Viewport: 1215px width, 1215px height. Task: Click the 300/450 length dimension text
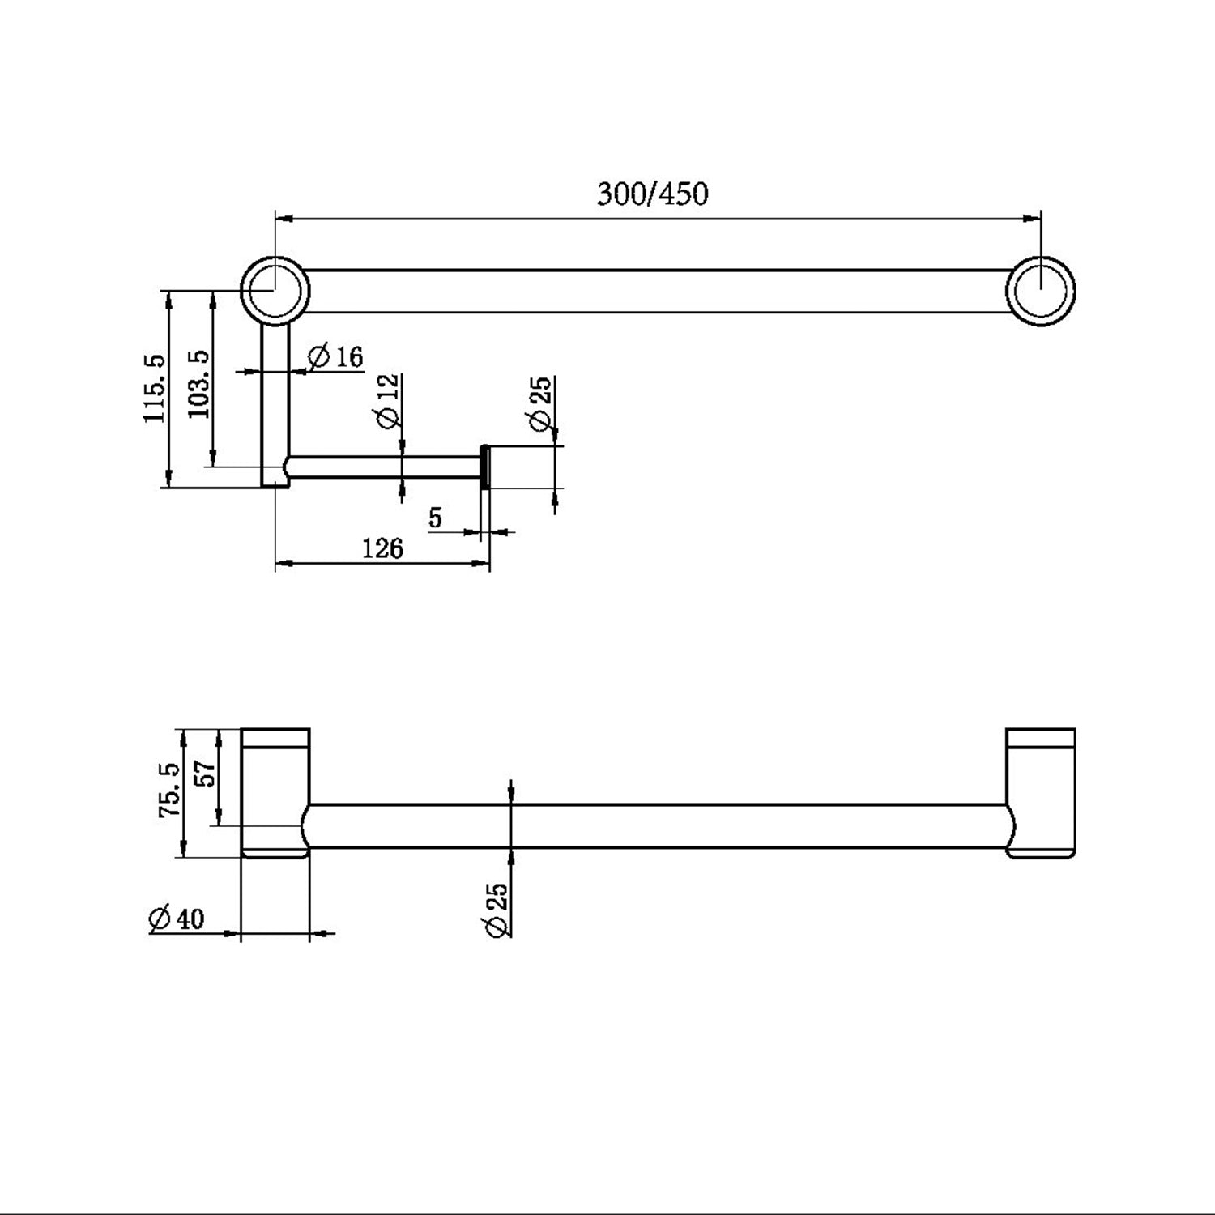point(652,194)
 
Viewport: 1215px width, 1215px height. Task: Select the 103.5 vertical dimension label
point(199,383)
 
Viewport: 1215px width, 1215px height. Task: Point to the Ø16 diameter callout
point(336,356)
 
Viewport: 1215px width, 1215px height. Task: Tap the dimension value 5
point(436,518)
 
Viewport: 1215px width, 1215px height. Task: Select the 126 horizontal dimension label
point(382,549)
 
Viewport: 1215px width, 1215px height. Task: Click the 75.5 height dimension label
point(171,788)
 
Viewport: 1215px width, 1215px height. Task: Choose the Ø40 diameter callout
point(177,919)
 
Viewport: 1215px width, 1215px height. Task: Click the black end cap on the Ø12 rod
point(484,467)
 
